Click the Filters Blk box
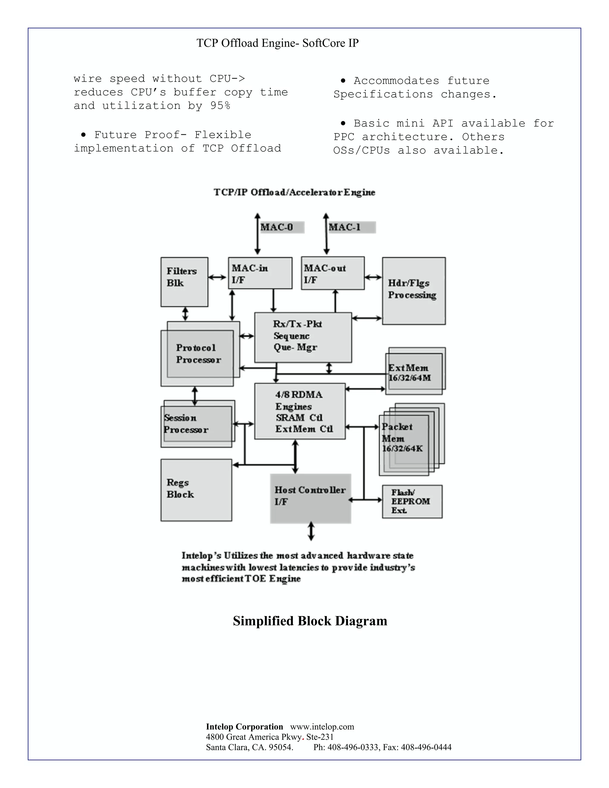pos(184,282)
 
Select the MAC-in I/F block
pos(260,273)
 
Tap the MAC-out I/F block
pos(332,273)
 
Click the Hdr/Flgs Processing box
pos(413,291)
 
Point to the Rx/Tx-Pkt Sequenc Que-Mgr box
pos(303,337)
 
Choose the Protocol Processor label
pos(198,354)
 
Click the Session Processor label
pos(186,423)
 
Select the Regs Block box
pos(196,490)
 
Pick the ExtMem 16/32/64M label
pos(409,373)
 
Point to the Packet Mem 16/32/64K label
pos(402,437)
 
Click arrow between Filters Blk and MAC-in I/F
pos(218,277)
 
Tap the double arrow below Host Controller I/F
pos(311,531)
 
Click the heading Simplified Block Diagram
pos(310,621)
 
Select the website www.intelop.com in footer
pos(322,727)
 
